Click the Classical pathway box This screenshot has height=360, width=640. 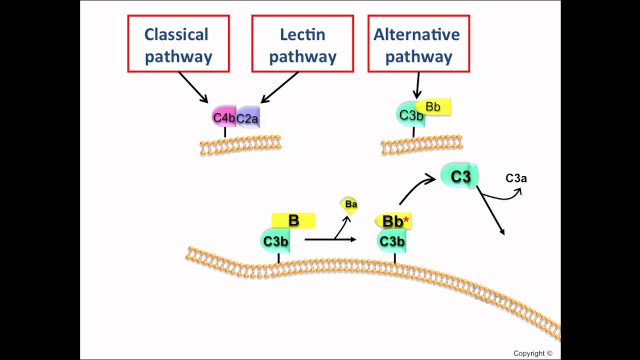coord(178,44)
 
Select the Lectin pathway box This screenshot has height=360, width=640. coord(302,44)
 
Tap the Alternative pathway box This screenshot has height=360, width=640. coord(418,44)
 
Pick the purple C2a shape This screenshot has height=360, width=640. coord(248,118)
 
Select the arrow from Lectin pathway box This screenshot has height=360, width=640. coord(280,87)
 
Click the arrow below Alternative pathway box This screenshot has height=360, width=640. coord(417,85)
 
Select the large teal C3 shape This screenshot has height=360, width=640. coord(459,176)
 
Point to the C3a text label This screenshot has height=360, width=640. coord(516,178)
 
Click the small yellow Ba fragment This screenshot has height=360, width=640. coord(350,204)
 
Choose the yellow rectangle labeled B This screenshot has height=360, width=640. coord(293,220)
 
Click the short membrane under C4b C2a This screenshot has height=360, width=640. coord(240,145)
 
